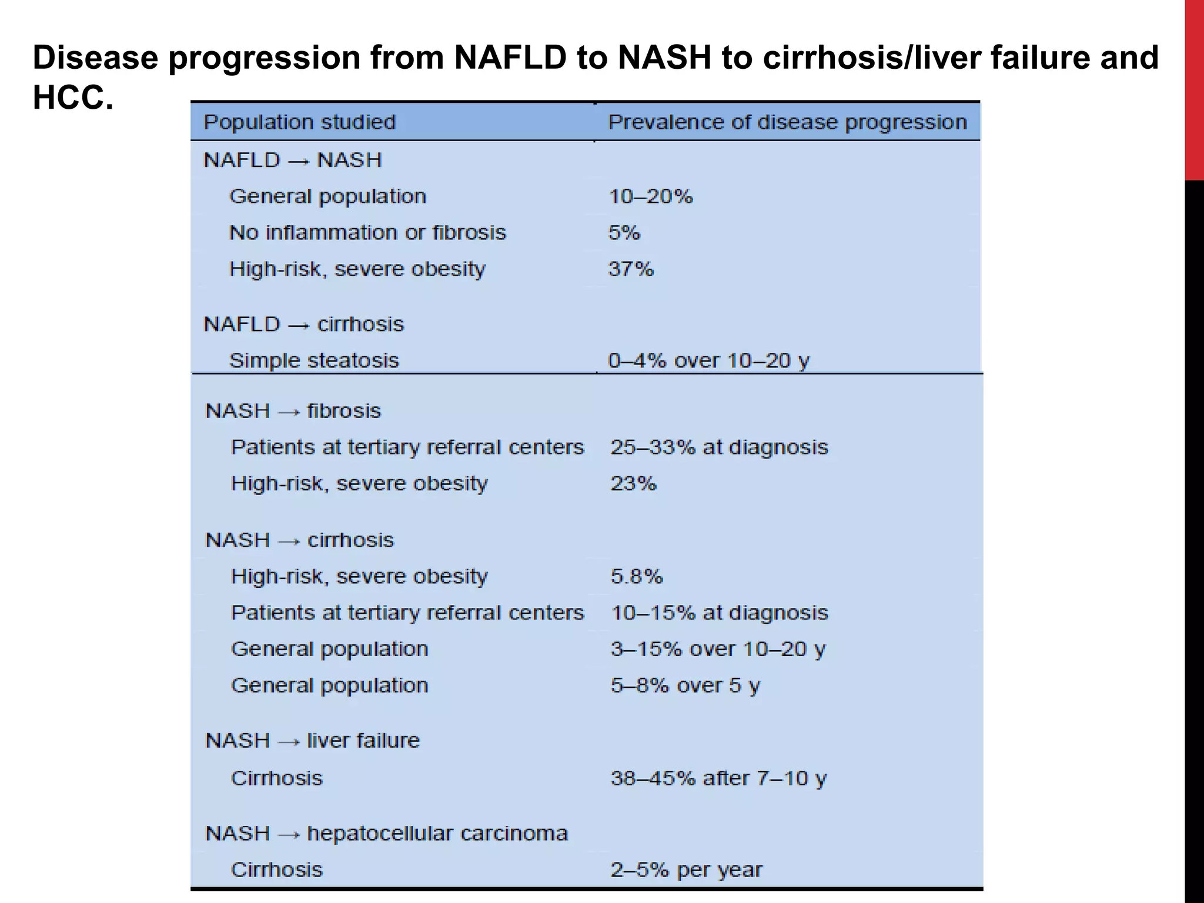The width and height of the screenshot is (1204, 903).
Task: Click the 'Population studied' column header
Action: point(299,122)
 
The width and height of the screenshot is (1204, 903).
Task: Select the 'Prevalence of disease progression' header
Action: point(787,122)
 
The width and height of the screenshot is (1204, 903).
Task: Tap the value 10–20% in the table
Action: point(651,196)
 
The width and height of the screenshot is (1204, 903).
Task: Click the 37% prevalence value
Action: point(631,269)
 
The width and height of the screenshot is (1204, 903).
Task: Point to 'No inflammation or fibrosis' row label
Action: point(367,233)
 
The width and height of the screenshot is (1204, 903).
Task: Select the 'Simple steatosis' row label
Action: point(314,360)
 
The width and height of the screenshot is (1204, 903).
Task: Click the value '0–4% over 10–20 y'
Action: point(709,360)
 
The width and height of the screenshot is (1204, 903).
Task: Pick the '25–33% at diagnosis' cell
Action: point(719,447)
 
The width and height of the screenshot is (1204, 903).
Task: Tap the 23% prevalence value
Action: point(633,484)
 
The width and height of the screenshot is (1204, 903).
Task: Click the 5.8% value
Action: point(637,577)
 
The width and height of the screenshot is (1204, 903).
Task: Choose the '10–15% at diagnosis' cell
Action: point(720,613)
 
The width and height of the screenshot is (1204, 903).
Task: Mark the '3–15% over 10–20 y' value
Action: point(718,650)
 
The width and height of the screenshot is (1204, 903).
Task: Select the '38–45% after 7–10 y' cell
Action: point(718,779)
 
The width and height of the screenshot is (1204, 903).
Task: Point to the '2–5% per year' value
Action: point(686,870)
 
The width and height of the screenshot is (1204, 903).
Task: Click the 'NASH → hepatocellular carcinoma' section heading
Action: point(386,834)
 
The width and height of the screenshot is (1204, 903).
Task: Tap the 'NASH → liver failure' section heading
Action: point(312,741)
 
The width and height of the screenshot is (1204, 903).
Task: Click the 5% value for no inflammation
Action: point(624,233)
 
